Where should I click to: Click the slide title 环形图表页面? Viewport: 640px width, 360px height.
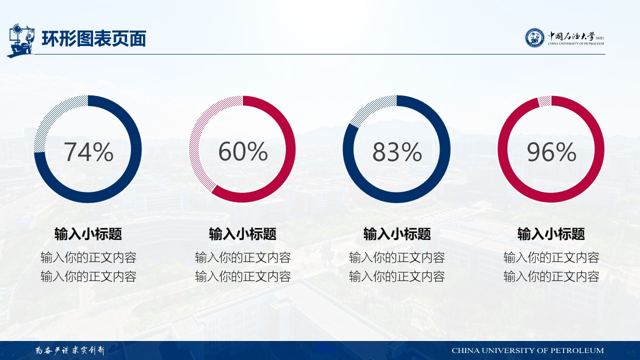(x=93, y=38)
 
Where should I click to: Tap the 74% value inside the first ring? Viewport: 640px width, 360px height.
(x=88, y=151)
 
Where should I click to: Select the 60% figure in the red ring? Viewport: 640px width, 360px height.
(x=243, y=151)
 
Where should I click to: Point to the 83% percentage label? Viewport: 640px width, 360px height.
(x=397, y=151)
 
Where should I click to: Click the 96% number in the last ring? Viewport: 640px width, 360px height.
(x=551, y=151)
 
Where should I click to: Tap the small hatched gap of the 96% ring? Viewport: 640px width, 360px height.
(x=544, y=101)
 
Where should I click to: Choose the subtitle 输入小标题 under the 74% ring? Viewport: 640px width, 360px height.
(x=88, y=234)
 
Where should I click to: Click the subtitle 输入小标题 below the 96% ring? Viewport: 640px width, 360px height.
(x=551, y=234)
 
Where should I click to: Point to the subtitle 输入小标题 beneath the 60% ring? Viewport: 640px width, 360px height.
(x=243, y=234)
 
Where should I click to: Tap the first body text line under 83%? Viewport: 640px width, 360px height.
(x=397, y=257)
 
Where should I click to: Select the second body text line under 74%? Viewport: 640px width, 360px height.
(x=88, y=276)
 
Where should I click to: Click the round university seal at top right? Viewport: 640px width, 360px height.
(x=534, y=37)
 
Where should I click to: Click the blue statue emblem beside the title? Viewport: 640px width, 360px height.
(x=21, y=41)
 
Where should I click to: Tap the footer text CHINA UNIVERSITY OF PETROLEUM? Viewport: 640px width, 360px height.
(x=527, y=350)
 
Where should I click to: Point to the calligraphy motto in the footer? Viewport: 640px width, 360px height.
(x=70, y=350)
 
